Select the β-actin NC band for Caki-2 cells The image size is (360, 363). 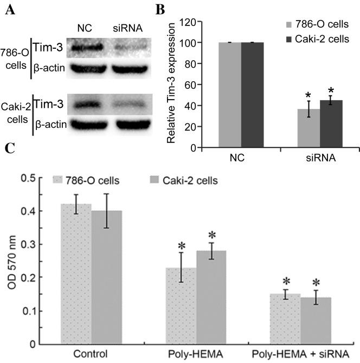coord(87,125)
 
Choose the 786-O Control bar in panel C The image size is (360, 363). coord(76,274)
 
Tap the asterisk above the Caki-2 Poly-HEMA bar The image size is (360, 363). coord(212,235)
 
